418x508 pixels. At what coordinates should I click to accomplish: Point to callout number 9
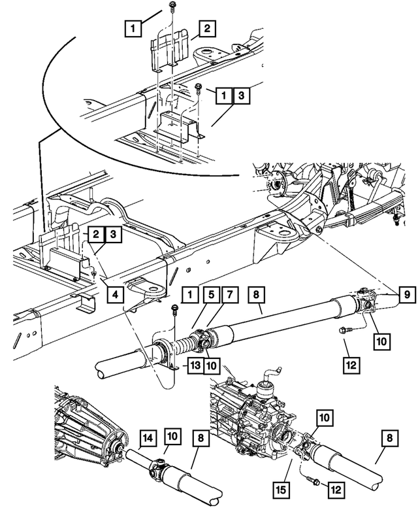pyautogui.click(x=406, y=295)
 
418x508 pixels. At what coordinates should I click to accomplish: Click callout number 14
pyautogui.click(x=148, y=438)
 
